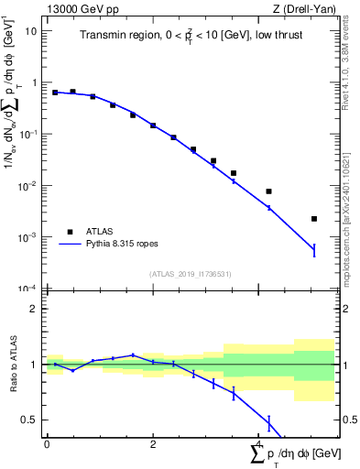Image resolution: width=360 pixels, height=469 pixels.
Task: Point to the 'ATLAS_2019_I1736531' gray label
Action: point(190,274)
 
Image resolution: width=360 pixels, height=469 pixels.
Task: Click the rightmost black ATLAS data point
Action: point(314,219)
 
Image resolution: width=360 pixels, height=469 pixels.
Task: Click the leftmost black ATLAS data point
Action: point(55,93)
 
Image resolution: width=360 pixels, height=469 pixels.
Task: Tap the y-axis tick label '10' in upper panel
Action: point(30,30)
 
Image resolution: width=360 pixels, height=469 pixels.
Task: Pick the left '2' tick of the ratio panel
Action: point(34,309)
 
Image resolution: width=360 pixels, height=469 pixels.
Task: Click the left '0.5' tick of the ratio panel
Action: point(30,420)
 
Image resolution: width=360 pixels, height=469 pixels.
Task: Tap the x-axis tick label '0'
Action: point(47,444)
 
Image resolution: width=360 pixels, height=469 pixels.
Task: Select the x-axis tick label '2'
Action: point(153,444)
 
